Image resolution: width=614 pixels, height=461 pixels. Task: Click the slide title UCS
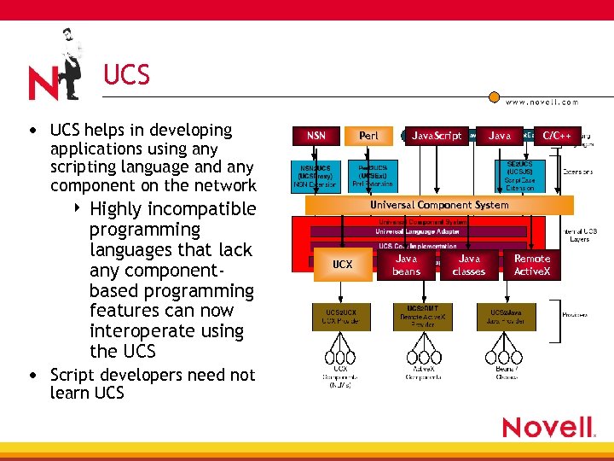(126, 76)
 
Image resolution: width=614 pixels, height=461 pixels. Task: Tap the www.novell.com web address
(542, 102)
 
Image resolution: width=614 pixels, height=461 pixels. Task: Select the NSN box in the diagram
(316, 135)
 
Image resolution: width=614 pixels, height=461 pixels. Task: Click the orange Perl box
(368, 135)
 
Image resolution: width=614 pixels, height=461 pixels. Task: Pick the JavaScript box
(437, 135)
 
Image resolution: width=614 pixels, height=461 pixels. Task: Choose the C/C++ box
(557, 135)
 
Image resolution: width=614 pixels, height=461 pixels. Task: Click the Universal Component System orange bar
(439, 205)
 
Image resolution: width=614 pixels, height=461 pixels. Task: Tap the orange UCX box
(342, 265)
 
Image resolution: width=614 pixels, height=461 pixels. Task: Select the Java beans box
(407, 265)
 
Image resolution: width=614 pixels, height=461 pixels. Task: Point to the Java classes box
(468, 265)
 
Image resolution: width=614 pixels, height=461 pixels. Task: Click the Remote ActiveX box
(532, 265)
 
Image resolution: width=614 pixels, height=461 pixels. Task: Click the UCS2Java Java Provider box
(507, 317)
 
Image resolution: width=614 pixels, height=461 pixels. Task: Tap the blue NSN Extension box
(316, 176)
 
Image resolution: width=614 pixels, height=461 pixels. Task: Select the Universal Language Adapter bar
(418, 231)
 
